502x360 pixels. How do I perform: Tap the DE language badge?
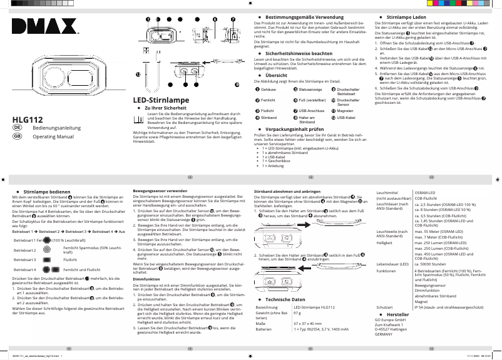(x=18, y=128)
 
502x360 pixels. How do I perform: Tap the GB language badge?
(x=18, y=136)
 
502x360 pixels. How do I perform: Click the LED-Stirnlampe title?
(x=161, y=100)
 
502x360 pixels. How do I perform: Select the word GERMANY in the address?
(x=384, y=335)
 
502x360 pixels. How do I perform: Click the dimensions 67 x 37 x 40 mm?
(x=309, y=323)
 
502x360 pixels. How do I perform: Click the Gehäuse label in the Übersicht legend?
(x=268, y=90)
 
